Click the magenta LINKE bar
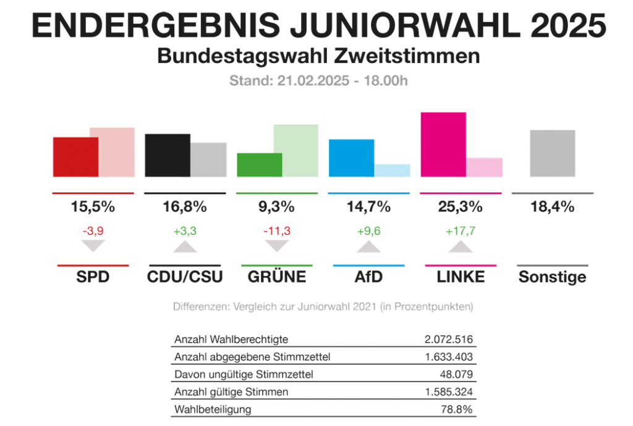point(443,144)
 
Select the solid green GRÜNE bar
point(260,164)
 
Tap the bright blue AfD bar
point(351,158)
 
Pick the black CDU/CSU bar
point(168,155)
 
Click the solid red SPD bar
point(75,156)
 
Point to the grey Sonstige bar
point(553,153)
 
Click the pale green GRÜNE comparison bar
point(295,150)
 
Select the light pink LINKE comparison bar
point(484,167)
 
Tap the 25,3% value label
point(460,207)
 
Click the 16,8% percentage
point(184,207)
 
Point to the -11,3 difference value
point(277,231)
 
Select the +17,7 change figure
point(460,231)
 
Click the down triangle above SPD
point(93,245)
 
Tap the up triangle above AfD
point(368,247)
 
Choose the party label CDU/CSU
point(185,276)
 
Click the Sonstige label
point(552,276)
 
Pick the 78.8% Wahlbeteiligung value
point(458,409)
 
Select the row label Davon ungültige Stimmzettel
point(244,374)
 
